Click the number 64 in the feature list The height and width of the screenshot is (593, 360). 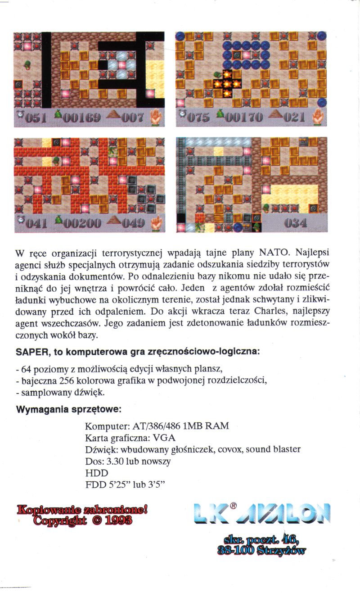click(x=25, y=370)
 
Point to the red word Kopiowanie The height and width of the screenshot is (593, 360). click(x=48, y=510)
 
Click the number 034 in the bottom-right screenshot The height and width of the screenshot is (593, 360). click(x=295, y=223)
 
